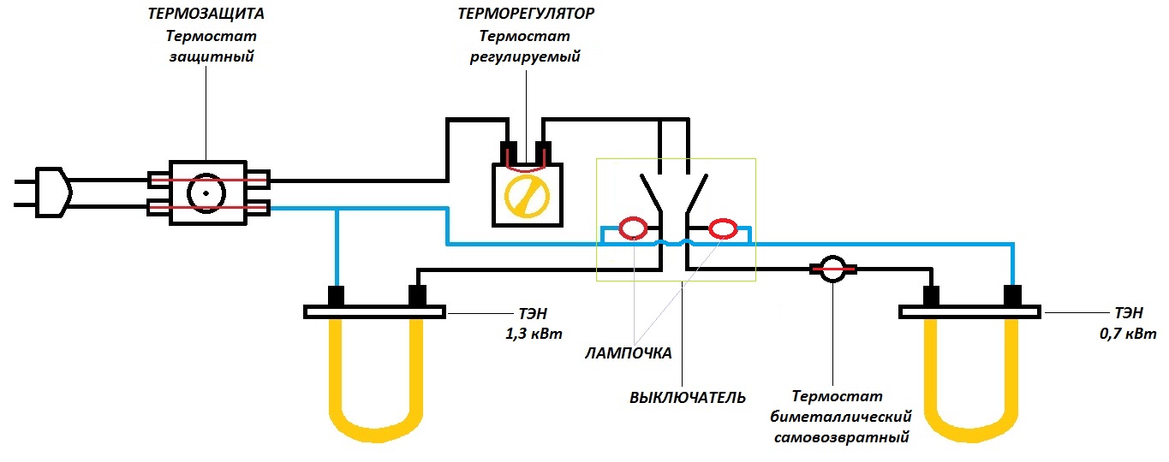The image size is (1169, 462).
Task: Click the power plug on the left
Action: (x=52, y=192)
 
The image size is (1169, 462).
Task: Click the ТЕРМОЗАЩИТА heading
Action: (x=206, y=14)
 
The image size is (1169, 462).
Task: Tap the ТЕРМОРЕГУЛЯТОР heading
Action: (x=526, y=14)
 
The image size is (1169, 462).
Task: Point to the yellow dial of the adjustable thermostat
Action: (x=527, y=197)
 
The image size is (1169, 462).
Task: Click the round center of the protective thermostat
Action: (x=206, y=193)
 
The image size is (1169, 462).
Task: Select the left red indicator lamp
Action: (x=633, y=228)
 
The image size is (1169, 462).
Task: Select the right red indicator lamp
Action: (x=723, y=228)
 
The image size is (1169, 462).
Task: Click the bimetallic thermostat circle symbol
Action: (x=832, y=269)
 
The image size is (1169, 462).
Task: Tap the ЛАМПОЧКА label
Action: (x=628, y=353)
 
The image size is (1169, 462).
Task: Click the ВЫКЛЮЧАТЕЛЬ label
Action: (x=688, y=398)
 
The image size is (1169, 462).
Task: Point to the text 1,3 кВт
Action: (x=534, y=334)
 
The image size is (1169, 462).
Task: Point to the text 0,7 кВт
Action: (x=1128, y=334)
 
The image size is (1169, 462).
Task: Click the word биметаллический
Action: (x=841, y=417)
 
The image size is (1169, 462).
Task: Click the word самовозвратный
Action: (x=841, y=437)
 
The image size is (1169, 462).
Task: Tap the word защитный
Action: (x=212, y=56)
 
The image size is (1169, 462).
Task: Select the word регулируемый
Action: (x=525, y=56)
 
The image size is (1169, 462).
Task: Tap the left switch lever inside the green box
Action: (x=651, y=194)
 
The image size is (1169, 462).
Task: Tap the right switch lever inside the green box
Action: (x=697, y=194)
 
